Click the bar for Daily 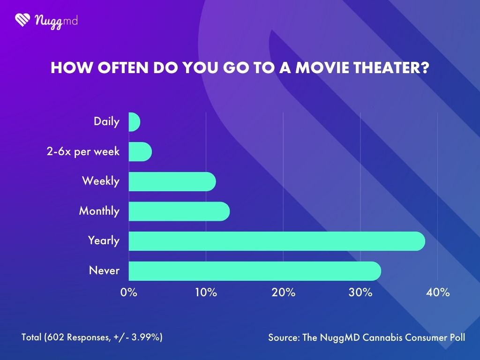pyautogui.click(x=134, y=122)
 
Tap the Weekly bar pyautogui.click(x=172, y=182)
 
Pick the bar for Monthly pyautogui.click(x=179, y=211)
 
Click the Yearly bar pyautogui.click(x=277, y=241)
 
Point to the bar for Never pyautogui.click(x=255, y=271)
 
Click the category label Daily pyautogui.click(x=106, y=122)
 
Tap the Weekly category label pyautogui.click(x=101, y=181)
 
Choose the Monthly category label pyautogui.click(x=99, y=211)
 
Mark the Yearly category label pyautogui.click(x=104, y=241)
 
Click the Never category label pyautogui.click(x=104, y=270)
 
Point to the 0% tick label pyautogui.click(x=128, y=292)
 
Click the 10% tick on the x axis pyautogui.click(x=206, y=292)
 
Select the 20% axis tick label pyautogui.click(x=283, y=292)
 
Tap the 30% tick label pyautogui.click(x=360, y=292)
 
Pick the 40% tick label pyautogui.click(x=438, y=292)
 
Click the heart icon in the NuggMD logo pyautogui.click(x=22, y=20)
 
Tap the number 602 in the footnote pyautogui.click(x=54, y=337)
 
